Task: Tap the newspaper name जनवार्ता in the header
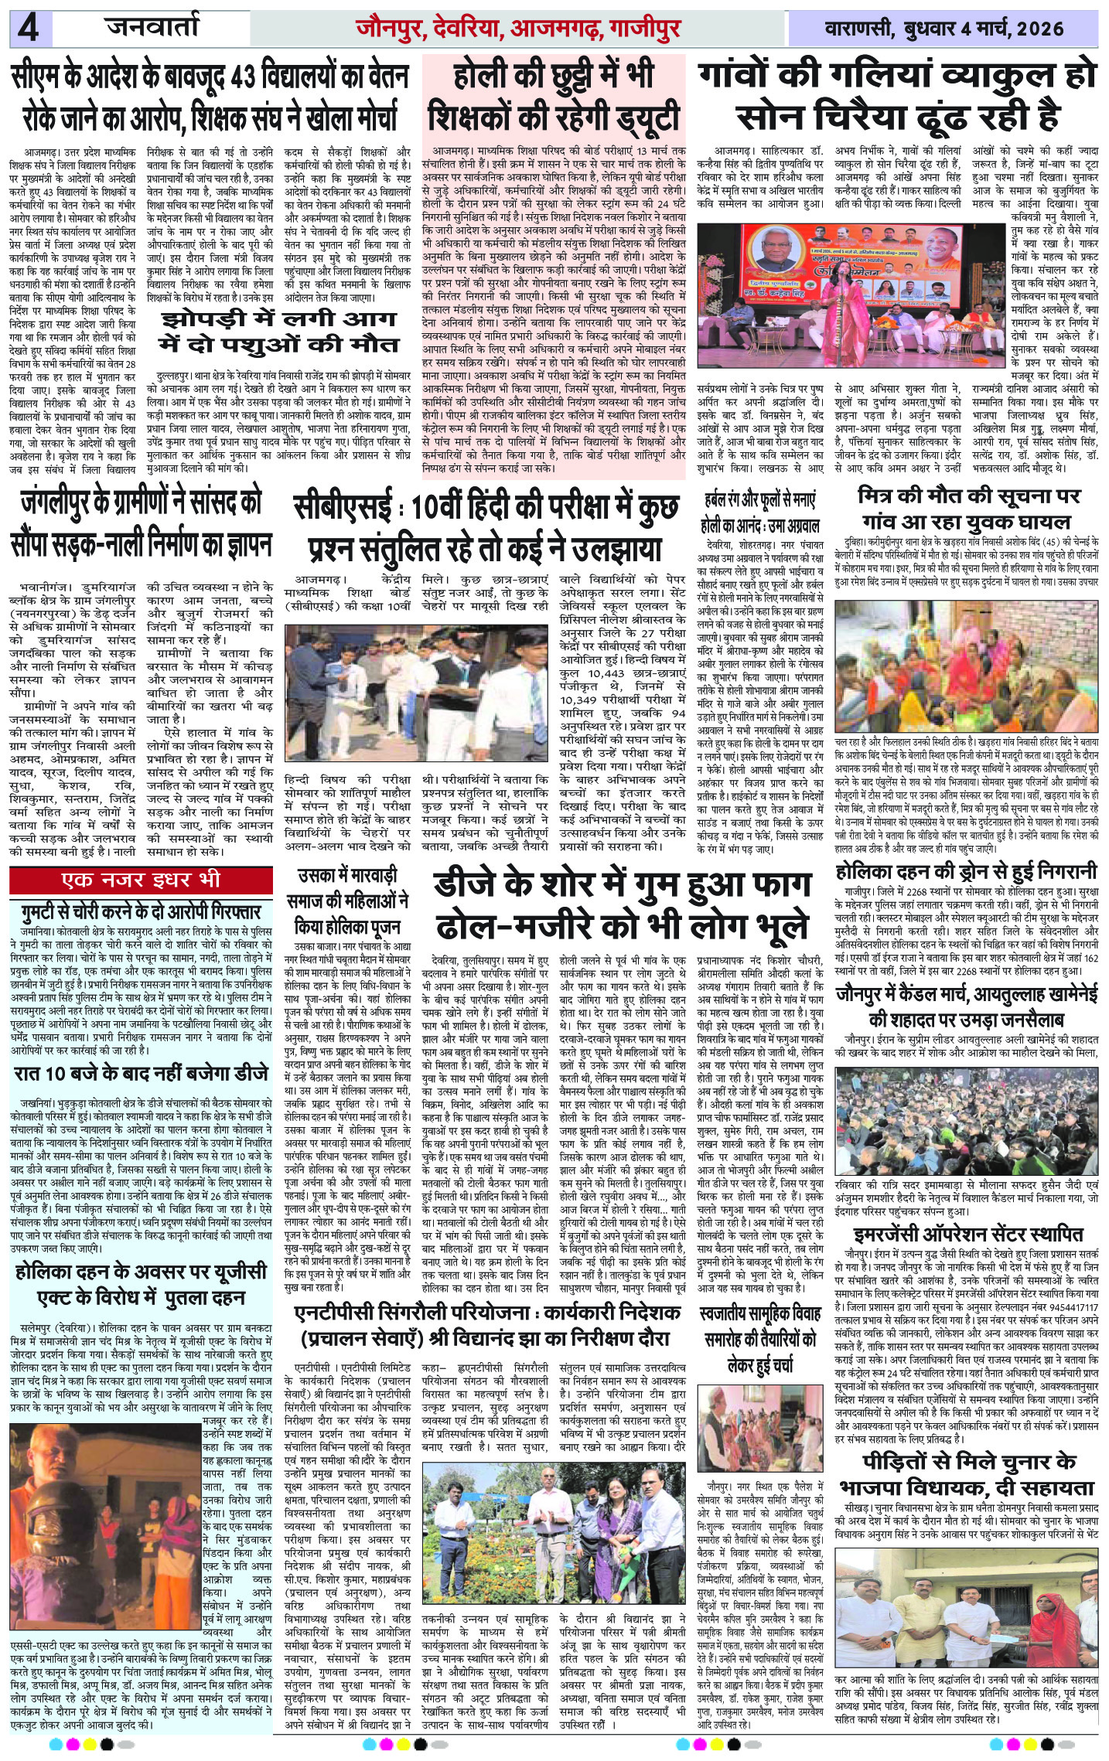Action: coord(152,29)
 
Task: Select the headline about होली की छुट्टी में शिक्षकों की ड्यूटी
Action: coord(555,98)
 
